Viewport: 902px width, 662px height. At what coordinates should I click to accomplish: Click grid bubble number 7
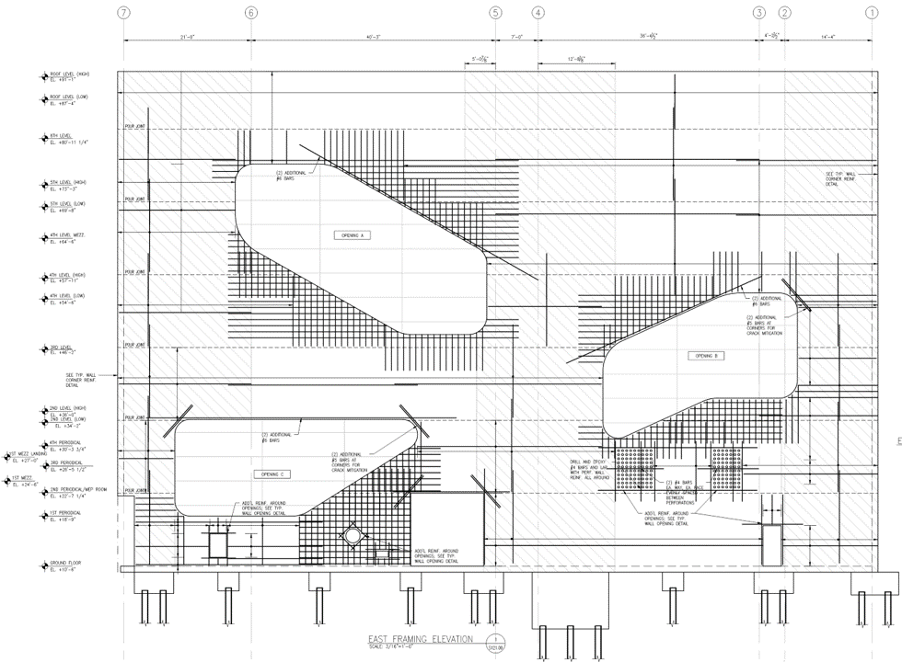click(124, 13)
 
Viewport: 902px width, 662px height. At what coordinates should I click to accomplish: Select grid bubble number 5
click(496, 13)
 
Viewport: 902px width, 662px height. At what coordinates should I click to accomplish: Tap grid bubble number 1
click(872, 13)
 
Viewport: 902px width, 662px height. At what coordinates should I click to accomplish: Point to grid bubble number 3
click(759, 13)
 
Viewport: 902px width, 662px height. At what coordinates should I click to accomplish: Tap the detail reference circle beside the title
click(497, 641)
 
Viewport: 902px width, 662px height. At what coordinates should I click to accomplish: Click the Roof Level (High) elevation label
click(70, 75)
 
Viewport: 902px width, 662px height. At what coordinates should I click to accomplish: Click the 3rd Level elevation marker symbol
click(44, 349)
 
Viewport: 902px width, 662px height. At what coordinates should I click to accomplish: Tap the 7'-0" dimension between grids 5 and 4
click(516, 37)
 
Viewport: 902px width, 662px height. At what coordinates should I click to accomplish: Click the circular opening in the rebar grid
click(351, 535)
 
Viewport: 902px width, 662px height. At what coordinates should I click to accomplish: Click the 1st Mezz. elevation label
click(24, 480)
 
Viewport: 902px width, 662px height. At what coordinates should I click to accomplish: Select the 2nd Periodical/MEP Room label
click(78, 491)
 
